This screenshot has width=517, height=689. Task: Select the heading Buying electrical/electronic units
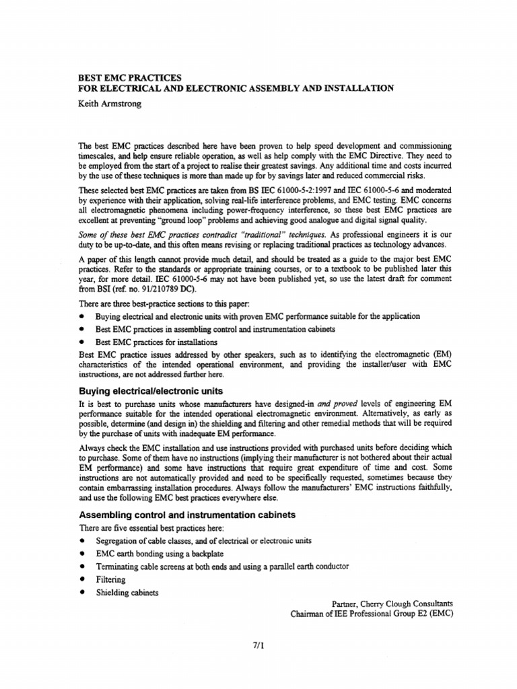[x=151, y=391]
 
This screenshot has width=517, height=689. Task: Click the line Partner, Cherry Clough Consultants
[x=393, y=604]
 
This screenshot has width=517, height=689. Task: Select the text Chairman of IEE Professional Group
[x=357, y=614]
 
